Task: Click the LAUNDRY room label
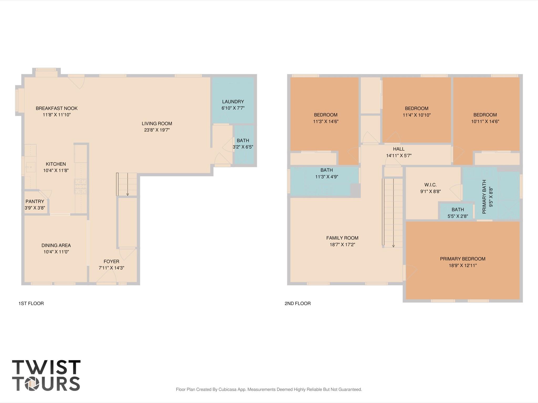233,102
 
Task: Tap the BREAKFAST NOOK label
57,108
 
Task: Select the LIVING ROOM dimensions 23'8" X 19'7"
157,130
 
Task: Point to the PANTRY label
35,201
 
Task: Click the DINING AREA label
56,245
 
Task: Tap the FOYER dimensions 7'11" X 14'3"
111,268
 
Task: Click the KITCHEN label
56,164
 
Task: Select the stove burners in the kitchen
80,186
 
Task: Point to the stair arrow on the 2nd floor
393,213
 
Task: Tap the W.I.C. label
431,185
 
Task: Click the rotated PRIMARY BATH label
484,197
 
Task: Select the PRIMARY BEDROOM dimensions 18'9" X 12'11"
463,265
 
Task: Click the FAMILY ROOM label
342,238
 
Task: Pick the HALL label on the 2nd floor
399,149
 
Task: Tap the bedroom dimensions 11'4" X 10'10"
417,115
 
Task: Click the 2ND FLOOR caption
298,303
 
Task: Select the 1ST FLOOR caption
31,303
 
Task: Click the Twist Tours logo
46,375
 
